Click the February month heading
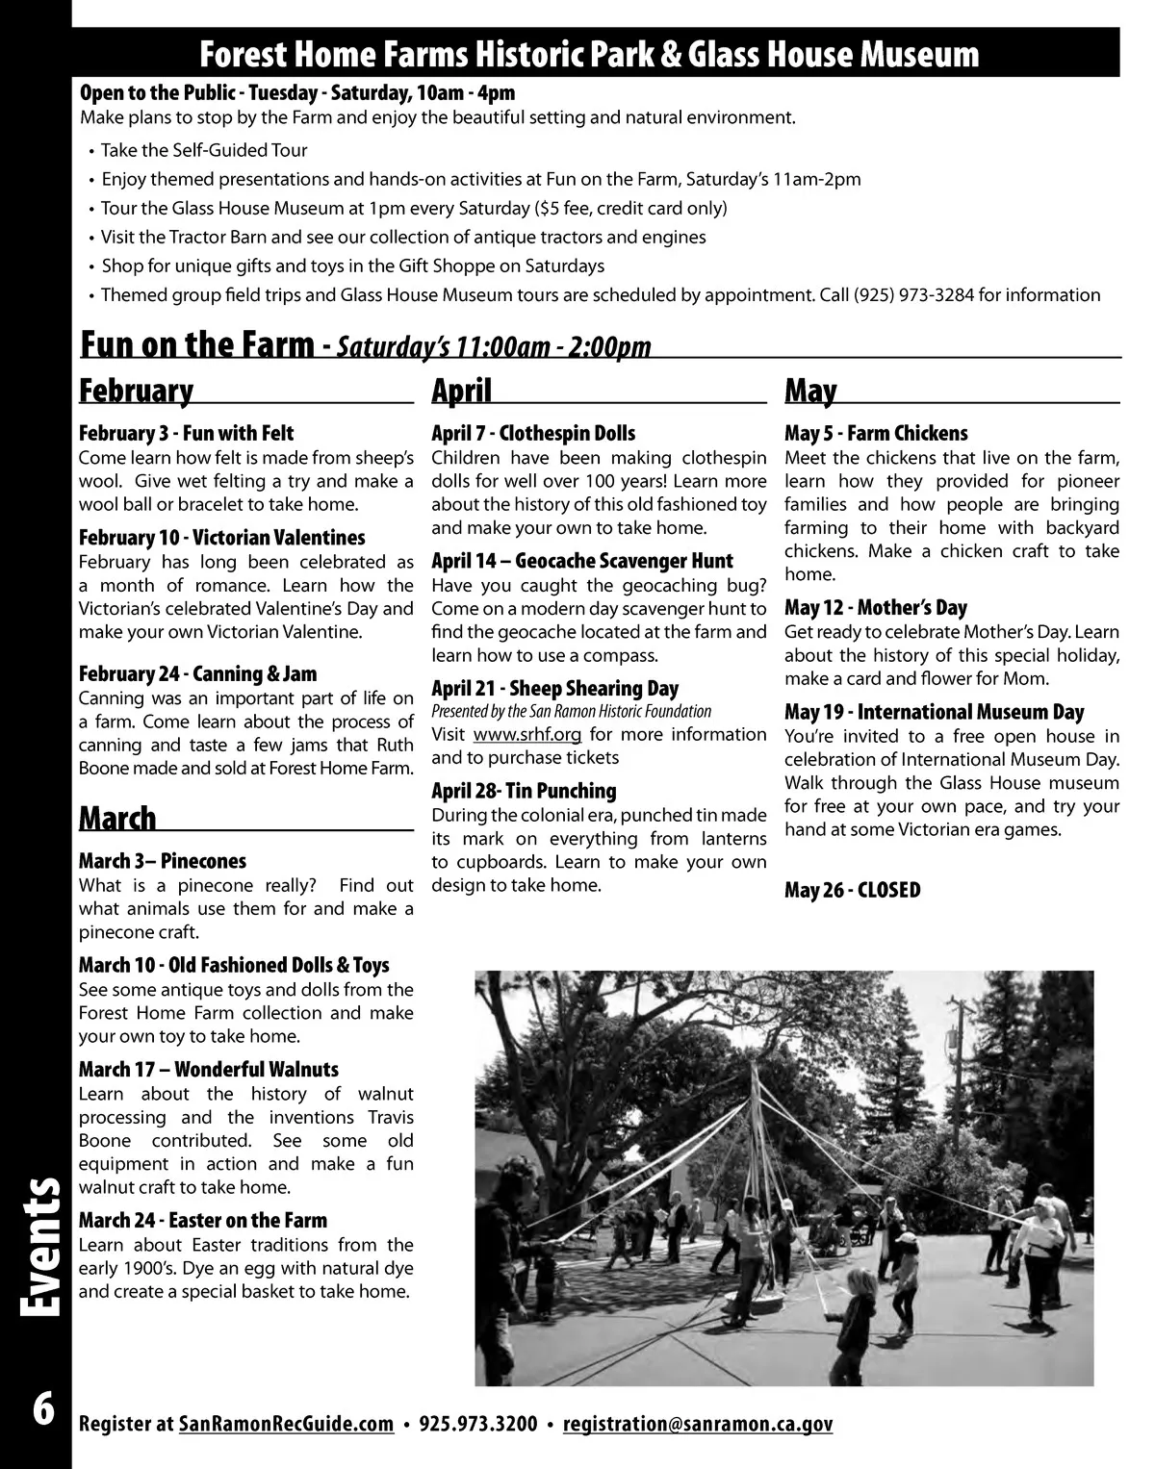coord(136,392)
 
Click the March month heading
coord(117,819)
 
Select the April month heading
coord(461,392)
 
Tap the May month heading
coord(810,392)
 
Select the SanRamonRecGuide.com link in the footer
coord(286,1424)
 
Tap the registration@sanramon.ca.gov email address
coord(697,1424)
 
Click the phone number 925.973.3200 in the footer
coord(478,1424)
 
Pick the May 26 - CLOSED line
coord(852,890)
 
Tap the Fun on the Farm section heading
coord(197,344)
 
